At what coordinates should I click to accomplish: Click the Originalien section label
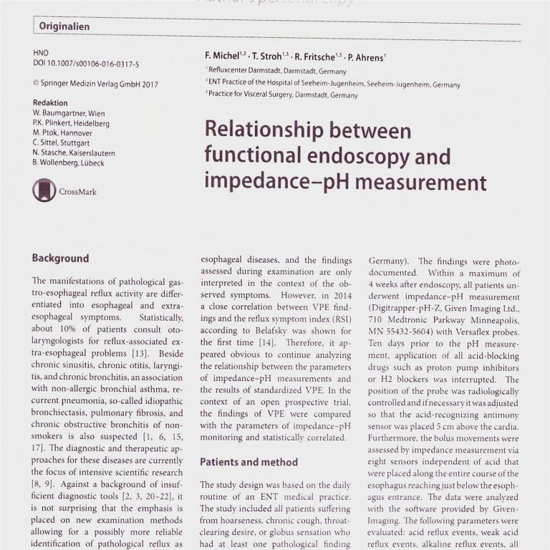point(64,27)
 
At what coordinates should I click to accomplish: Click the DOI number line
point(86,64)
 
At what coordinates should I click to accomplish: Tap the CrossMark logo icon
point(44,190)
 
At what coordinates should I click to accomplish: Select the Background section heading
point(60,259)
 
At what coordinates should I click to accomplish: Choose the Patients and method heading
point(249,462)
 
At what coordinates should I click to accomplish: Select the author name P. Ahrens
point(367,57)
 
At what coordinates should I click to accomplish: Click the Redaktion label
point(50,103)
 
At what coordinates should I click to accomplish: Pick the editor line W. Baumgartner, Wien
point(69,113)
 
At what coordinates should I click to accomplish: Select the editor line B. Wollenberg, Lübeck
point(68,163)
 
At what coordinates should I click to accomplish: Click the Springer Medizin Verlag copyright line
point(95,84)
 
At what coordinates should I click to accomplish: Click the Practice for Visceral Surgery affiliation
point(281,95)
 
